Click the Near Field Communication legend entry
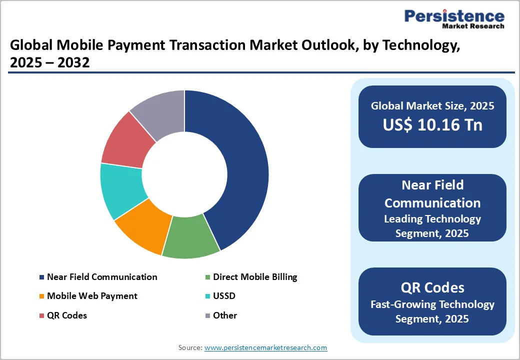point(102,277)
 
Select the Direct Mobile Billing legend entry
point(255,277)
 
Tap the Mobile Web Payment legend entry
point(92,296)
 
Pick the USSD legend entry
point(224,296)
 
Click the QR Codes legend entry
point(67,315)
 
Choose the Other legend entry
point(225,315)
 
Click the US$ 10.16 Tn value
point(432,125)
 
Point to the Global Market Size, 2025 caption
point(432,106)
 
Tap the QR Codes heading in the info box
point(432,287)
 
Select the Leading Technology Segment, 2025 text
point(432,226)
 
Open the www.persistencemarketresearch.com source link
point(265,347)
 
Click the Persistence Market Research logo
point(454,19)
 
